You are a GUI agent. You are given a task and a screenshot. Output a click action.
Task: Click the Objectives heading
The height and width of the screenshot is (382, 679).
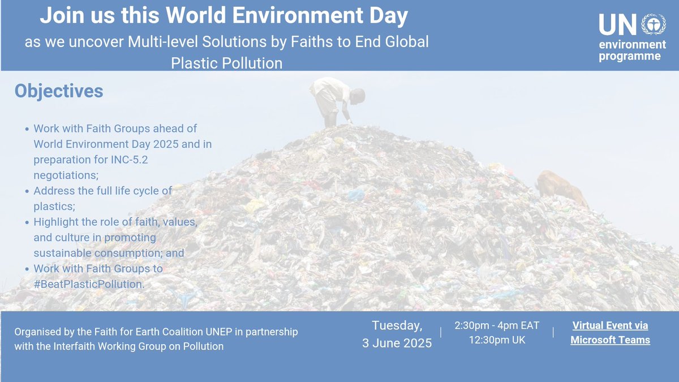point(59,91)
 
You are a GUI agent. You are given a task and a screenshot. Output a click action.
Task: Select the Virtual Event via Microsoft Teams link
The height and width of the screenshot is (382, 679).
point(610,333)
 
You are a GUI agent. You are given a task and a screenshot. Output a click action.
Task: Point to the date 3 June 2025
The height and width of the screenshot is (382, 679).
point(397,343)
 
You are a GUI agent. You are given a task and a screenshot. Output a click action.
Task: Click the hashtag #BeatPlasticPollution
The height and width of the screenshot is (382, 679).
point(89,284)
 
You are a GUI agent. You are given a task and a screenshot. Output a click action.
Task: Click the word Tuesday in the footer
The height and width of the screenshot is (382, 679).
point(397,325)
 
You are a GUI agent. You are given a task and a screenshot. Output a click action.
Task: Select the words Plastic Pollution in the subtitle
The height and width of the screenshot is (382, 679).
point(226,63)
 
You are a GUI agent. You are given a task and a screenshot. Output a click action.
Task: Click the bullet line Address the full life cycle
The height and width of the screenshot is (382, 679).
point(102,191)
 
